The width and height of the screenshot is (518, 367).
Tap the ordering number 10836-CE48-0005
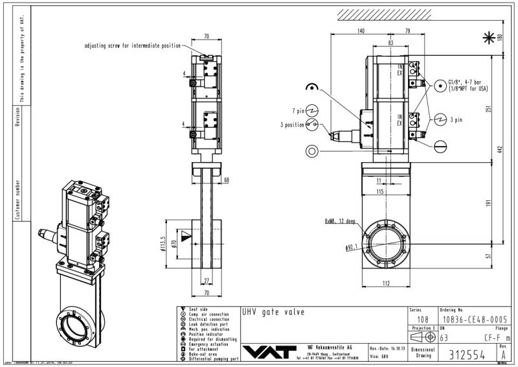pos(471,320)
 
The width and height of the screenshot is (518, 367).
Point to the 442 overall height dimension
pos(500,150)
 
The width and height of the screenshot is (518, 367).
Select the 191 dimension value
pos(490,202)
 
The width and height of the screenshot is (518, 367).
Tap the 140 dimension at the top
pos(361,31)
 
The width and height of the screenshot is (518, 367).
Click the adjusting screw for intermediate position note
pos(133,46)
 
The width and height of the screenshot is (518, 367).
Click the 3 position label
pos(291,124)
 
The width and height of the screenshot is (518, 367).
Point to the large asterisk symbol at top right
pos(488,38)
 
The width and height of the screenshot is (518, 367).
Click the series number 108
pos(422,320)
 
